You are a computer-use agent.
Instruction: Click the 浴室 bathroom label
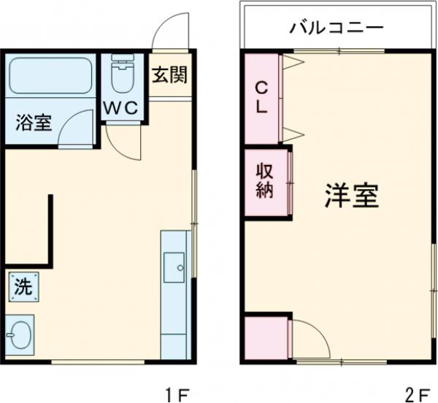tap(33, 122)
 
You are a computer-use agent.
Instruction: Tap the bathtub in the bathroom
tap(50, 76)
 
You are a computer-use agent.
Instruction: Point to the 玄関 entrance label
tap(170, 74)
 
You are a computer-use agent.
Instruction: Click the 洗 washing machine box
tap(24, 285)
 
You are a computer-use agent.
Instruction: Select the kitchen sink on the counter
tap(175, 266)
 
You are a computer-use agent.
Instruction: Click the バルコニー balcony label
tap(337, 28)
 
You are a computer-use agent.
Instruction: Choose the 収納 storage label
tap(264, 182)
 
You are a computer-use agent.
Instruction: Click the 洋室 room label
tap(351, 196)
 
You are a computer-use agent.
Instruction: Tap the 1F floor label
tap(176, 395)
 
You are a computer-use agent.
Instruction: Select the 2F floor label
tap(418, 395)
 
